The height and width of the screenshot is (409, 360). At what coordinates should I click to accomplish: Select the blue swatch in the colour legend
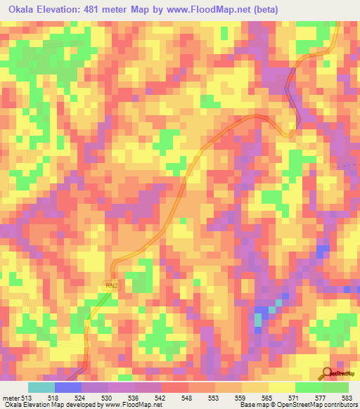coord(68,387)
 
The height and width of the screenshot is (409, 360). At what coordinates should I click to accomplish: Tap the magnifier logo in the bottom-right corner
coord(328,373)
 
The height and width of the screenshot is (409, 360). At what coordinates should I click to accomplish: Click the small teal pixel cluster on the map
coord(257,320)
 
